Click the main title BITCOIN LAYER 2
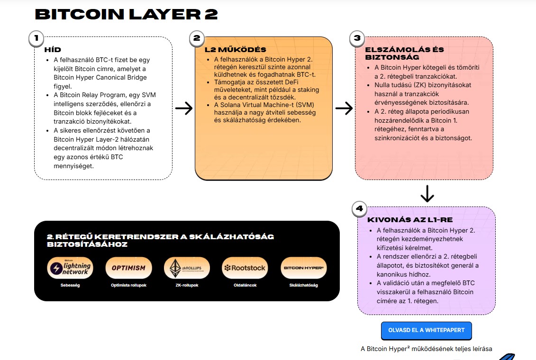[127, 14]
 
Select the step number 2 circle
[197, 39]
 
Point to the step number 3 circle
[357, 39]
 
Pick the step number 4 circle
[360, 208]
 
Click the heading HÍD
[53, 50]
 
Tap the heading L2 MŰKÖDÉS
[235, 50]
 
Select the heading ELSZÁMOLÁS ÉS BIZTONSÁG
[404, 54]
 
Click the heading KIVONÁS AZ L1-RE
[410, 220]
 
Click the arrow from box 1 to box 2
[183, 108]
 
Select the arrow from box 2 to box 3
[344, 108]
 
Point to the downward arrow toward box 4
[427, 193]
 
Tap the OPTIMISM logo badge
[128, 268]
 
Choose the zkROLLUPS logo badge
[187, 268]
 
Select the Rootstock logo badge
[245, 268]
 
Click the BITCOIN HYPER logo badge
[304, 268]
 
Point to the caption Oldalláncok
[245, 285]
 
